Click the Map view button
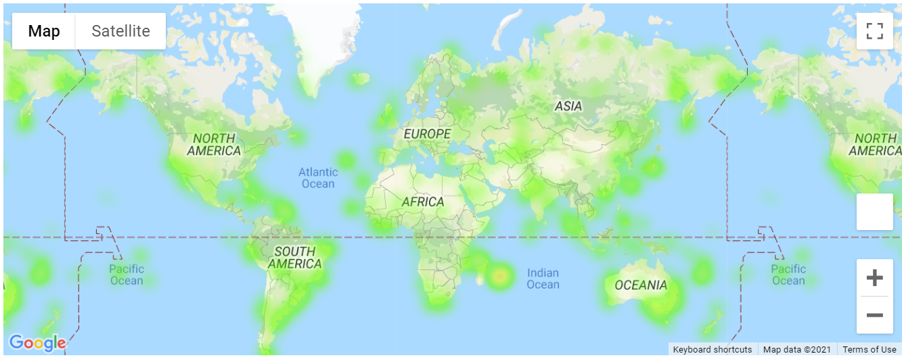(x=44, y=31)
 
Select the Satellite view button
(x=120, y=31)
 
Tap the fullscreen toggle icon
(x=875, y=31)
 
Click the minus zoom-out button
(x=875, y=315)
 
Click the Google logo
(x=37, y=343)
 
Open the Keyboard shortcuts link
(x=712, y=350)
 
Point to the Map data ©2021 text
(x=797, y=350)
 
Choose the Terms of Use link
(x=869, y=350)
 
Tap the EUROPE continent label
(x=427, y=134)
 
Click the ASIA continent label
(x=568, y=106)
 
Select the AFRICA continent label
(x=423, y=202)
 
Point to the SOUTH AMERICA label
(x=294, y=258)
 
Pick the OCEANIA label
(x=641, y=285)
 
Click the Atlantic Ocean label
(x=317, y=178)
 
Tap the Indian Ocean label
(x=543, y=278)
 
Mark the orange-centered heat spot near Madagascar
(x=500, y=275)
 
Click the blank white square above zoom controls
(x=875, y=212)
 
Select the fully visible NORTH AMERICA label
(x=214, y=144)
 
